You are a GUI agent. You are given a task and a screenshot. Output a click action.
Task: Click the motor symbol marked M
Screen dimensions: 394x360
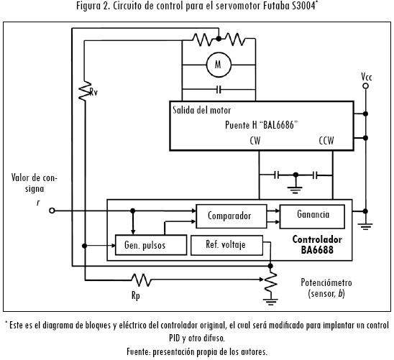click(219, 65)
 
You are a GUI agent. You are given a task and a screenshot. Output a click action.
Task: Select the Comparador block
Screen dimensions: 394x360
click(232, 216)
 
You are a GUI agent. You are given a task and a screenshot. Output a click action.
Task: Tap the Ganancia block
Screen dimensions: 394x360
click(312, 216)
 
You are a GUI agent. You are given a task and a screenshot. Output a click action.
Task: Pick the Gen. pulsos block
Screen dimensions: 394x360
click(151, 245)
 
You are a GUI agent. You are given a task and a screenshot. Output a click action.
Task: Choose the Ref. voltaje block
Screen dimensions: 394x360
click(227, 245)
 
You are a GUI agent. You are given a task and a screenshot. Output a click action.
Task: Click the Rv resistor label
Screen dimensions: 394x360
click(93, 92)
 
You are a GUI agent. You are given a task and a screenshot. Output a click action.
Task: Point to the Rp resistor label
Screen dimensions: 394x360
click(136, 295)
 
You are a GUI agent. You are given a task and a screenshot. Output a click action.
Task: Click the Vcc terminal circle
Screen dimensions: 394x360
click(366, 86)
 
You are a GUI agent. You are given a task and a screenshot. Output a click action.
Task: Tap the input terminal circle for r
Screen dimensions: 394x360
click(52, 211)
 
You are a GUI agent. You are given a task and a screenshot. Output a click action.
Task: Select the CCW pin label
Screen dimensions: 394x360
click(326, 141)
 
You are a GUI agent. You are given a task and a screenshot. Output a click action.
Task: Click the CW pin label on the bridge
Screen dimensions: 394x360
click(255, 141)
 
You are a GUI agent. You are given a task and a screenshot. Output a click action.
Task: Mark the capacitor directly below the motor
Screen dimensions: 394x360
click(219, 89)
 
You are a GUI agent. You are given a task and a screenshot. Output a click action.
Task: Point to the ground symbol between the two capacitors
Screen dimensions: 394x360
click(295, 190)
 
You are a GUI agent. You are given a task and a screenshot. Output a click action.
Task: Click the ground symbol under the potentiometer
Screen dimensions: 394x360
click(270, 301)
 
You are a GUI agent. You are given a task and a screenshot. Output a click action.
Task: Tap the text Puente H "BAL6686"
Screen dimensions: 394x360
click(261, 125)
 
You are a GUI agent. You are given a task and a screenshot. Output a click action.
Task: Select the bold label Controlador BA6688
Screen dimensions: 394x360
click(317, 245)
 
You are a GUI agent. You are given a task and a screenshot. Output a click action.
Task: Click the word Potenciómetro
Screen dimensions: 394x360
click(326, 282)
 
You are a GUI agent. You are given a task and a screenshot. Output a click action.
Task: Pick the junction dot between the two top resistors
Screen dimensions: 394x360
click(219, 39)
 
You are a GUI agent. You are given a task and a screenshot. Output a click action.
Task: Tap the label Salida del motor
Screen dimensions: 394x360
click(202, 110)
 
